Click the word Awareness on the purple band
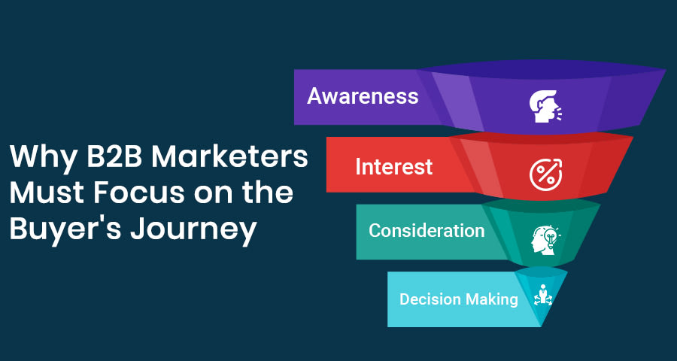pyautogui.click(x=363, y=96)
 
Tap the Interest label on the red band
pyautogui.click(x=393, y=167)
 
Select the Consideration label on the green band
pyautogui.click(x=427, y=231)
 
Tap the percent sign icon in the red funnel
pyautogui.click(x=546, y=174)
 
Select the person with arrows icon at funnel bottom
pyautogui.click(x=542, y=296)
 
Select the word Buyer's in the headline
pyautogui.click(x=65, y=230)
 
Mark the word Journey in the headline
pyautogui.click(x=193, y=230)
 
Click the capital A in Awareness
pyautogui.click(x=315, y=96)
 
